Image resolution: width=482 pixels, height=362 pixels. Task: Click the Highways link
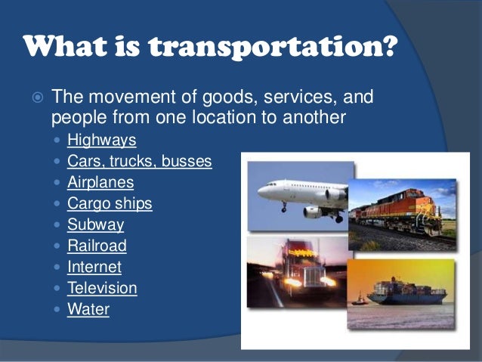pyautogui.click(x=101, y=140)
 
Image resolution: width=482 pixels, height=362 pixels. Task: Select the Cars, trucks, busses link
pyautogui.click(x=139, y=161)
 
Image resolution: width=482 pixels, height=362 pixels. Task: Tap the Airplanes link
pyautogui.click(x=100, y=182)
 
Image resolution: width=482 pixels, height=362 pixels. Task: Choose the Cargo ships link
pyautogui.click(x=110, y=203)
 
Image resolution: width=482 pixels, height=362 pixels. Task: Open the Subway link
pyautogui.click(x=95, y=224)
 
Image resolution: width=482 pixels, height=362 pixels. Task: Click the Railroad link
pyautogui.click(x=97, y=246)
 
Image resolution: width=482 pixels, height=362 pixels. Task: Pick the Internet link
pyautogui.click(x=94, y=267)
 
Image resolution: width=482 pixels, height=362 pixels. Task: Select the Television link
pyautogui.click(x=102, y=288)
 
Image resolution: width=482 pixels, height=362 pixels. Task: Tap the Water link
pyautogui.click(x=88, y=309)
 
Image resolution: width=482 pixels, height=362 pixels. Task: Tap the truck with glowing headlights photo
pyautogui.click(x=295, y=272)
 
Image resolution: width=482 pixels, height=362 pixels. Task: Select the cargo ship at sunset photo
pyautogui.click(x=402, y=295)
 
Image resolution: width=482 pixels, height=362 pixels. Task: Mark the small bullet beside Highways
pyautogui.click(x=59, y=141)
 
